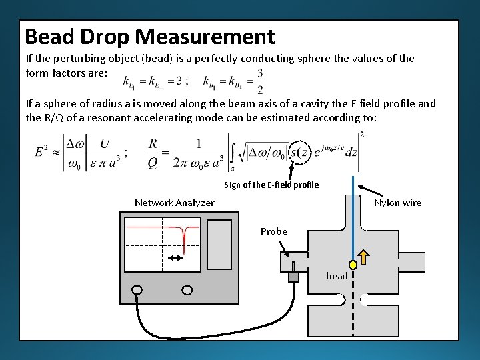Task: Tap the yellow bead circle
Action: pyautogui.click(x=353, y=265)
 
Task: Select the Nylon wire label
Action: pyautogui.click(x=397, y=203)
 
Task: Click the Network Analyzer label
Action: pyautogui.click(x=175, y=203)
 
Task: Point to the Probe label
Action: pyautogui.click(x=274, y=231)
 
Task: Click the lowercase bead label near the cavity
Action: pyautogui.click(x=336, y=276)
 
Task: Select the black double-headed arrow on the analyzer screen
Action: pyautogui.click(x=175, y=257)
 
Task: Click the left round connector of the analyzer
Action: pyautogui.click(x=138, y=290)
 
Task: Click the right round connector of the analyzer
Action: pyautogui.click(x=187, y=290)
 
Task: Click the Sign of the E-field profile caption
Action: pyautogui.click(x=271, y=185)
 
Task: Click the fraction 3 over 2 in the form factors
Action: pyautogui.click(x=259, y=81)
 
